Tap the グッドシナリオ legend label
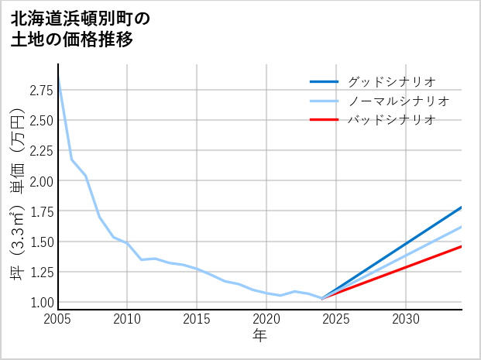click(x=392, y=81)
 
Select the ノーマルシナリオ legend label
click(x=399, y=101)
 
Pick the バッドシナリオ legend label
click(x=392, y=120)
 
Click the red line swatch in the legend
click(x=324, y=120)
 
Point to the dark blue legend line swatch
click(x=324, y=81)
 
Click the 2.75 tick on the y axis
click(x=41, y=91)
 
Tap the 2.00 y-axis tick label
click(x=41, y=181)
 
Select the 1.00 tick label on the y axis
click(x=41, y=303)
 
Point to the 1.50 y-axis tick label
click(x=41, y=242)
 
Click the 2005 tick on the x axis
click(x=57, y=319)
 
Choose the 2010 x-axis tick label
click(x=127, y=319)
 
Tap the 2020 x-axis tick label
click(x=266, y=319)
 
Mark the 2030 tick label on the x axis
click(x=406, y=319)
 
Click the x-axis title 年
click(x=259, y=335)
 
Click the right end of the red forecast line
click(x=462, y=246)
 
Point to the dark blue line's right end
click(x=462, y=207)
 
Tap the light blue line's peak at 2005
click(x=58, y=77)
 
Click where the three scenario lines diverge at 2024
click(x=322, y=298)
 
